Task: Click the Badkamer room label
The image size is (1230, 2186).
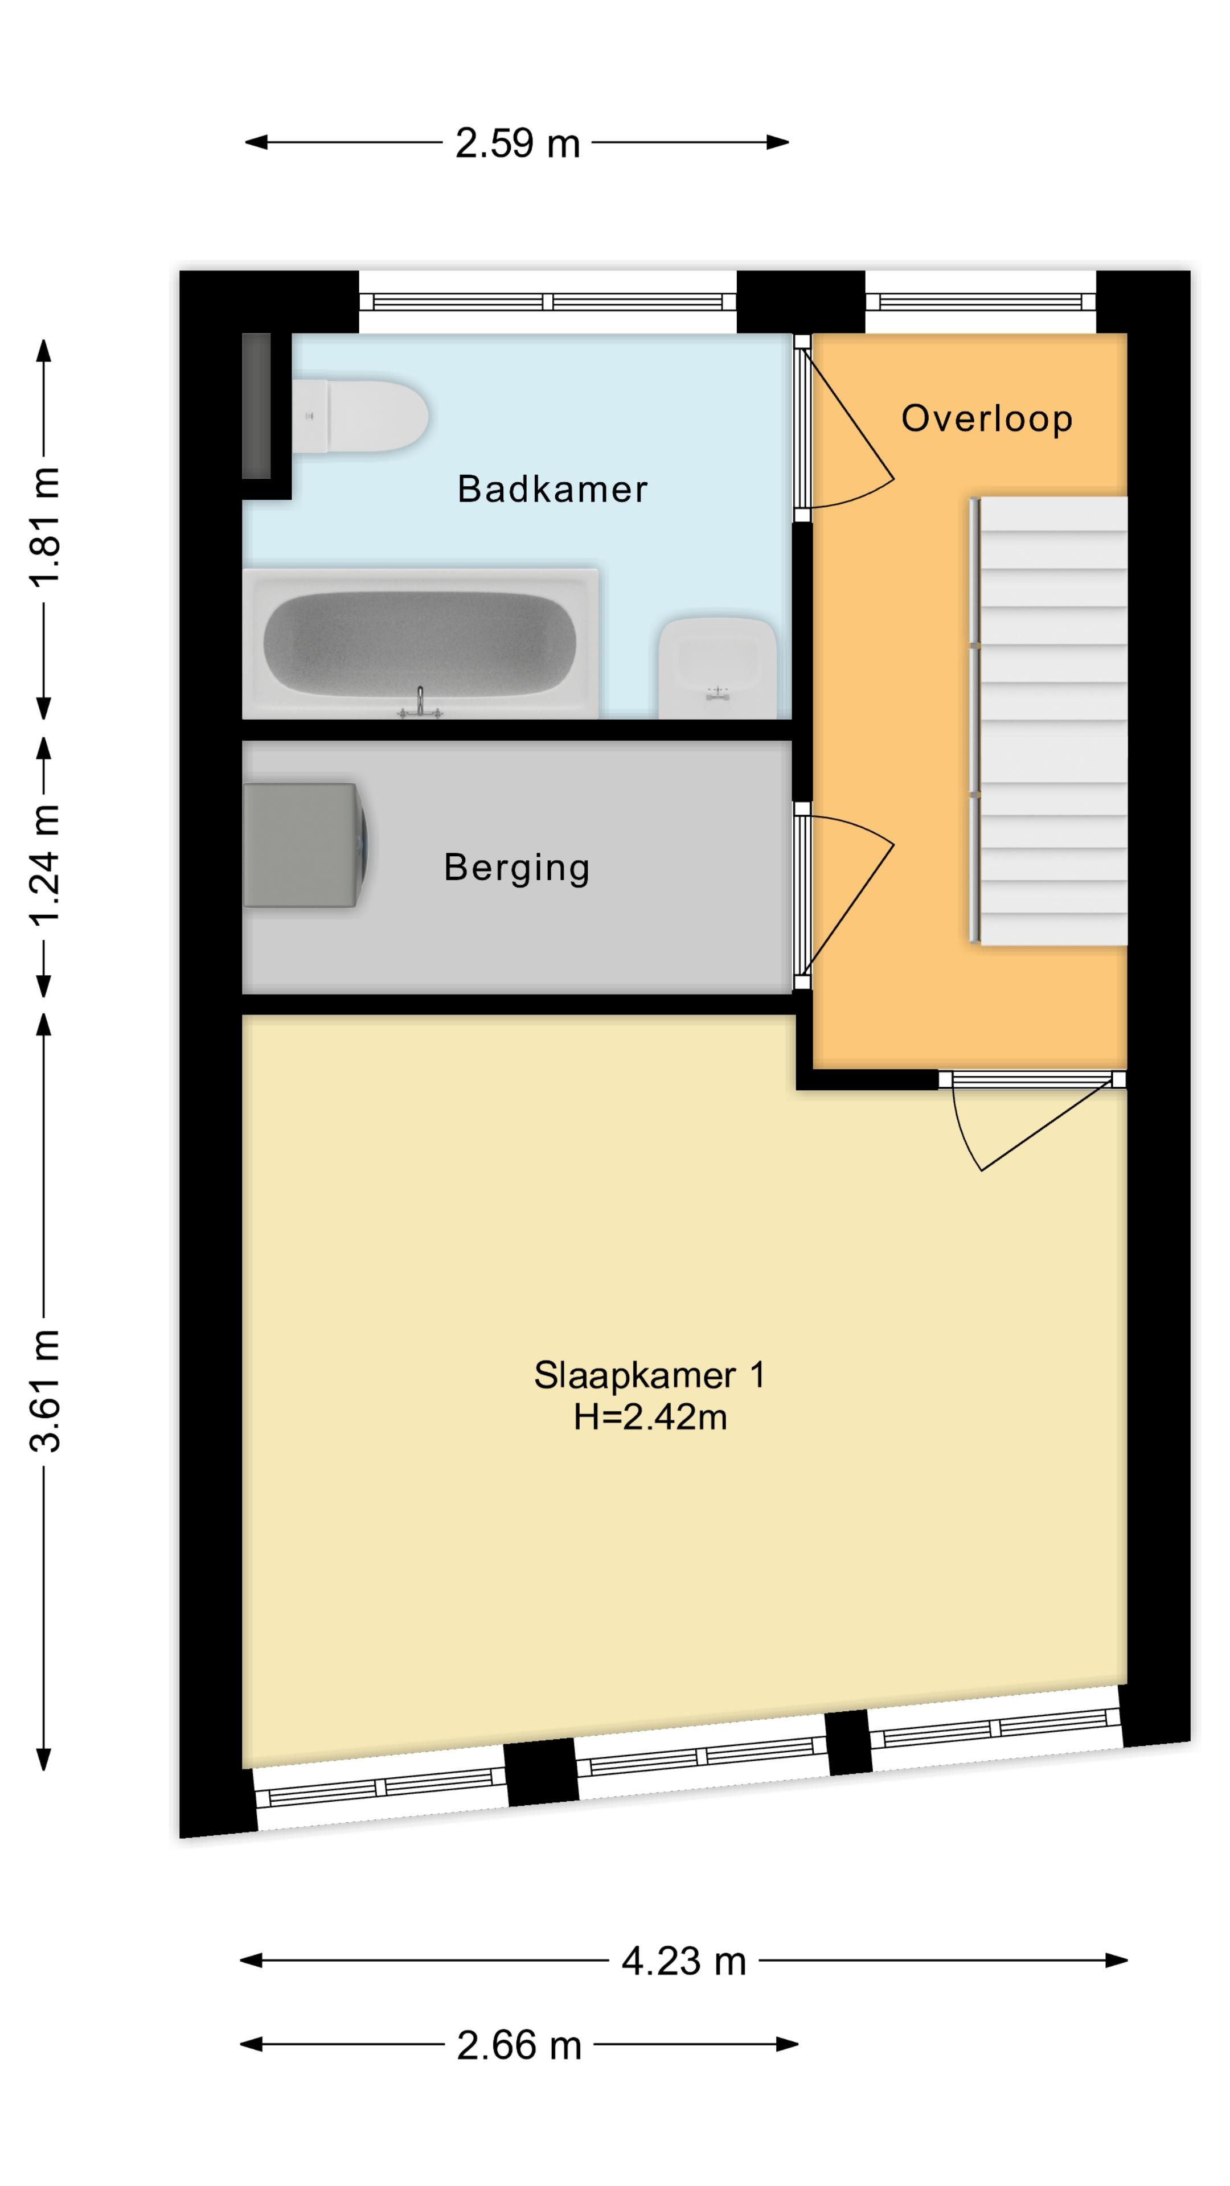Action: (x=552, y=489)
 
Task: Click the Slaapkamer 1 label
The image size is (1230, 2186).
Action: (x=649, y=1375)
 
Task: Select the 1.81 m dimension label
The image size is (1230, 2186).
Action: (x=45, y=525)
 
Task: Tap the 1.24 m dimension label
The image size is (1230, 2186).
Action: (x=45, y=864)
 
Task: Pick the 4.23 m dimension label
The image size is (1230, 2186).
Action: (x=683, y=1961)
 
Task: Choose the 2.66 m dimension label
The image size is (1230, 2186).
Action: (x=519, y=2045)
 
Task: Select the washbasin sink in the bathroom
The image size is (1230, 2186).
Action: (x=718, y=668)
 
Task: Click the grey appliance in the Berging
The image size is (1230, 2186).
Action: (x=306, y=845)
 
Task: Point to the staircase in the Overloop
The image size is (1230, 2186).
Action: (x=1049, y=721)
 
